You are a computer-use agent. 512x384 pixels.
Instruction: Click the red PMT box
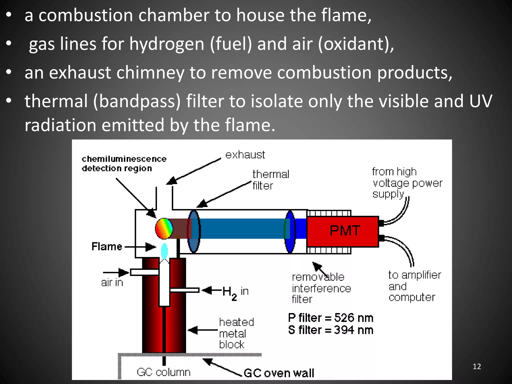[342, 231]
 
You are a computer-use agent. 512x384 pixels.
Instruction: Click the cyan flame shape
[164, 251]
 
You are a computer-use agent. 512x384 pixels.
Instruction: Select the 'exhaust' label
[245, 155]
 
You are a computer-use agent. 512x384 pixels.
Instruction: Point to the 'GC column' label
[163, 372]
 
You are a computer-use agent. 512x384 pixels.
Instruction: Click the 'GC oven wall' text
[279, 373]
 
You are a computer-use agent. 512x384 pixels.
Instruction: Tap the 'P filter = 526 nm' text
[330, 318]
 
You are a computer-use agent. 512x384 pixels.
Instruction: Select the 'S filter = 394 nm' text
[330, 330]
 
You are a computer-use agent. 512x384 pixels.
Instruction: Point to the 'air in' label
[112, 283]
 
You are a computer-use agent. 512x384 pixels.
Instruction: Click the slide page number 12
[477, 366]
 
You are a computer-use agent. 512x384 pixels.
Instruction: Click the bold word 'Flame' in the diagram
[107, 246]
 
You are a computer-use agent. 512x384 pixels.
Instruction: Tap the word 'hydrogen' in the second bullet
[167, 44]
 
